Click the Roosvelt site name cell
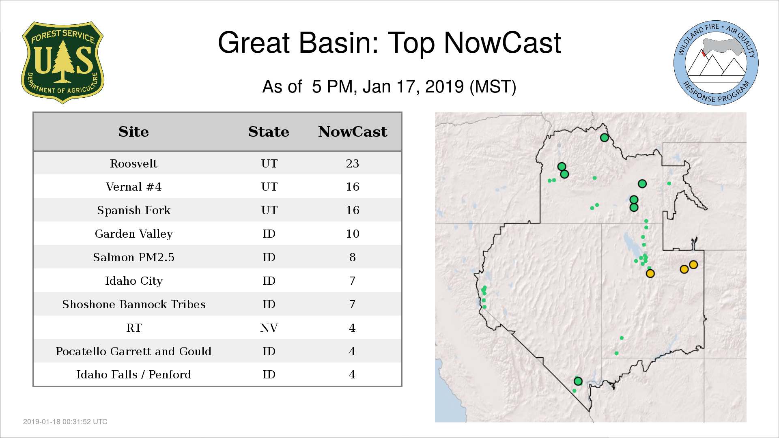click(133, 163)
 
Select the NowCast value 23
click(352, 163)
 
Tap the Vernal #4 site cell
click(133, 187)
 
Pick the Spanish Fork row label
click(133, 210)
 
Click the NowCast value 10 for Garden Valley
click(352, 234)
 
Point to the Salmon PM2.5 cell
click(133, 257)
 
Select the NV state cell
click(269, 328)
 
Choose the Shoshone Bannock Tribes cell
click(133, 304)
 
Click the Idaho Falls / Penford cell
click(133, 374)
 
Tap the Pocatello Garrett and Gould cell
click(133, 351)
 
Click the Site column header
click(133, 132)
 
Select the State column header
click(269, 132)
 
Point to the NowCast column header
click(353, 132)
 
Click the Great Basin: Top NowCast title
click(389, 43)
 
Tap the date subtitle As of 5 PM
click(389, 86)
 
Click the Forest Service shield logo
click(62, 63)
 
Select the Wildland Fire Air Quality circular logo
click(716, 63)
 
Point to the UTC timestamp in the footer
click(65, 422)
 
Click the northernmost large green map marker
click(604, 137)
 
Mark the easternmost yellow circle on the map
click(693, 265)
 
